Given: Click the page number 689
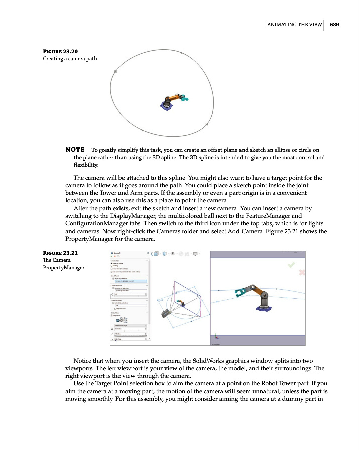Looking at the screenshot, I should tap(334, 26).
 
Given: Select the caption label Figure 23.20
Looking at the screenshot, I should tap(60, 51).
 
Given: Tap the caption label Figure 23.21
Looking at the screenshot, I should tap(60, 253).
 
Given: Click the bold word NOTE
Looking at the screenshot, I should tap(75, 150).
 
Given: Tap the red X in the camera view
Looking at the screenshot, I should tap(302, 272).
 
